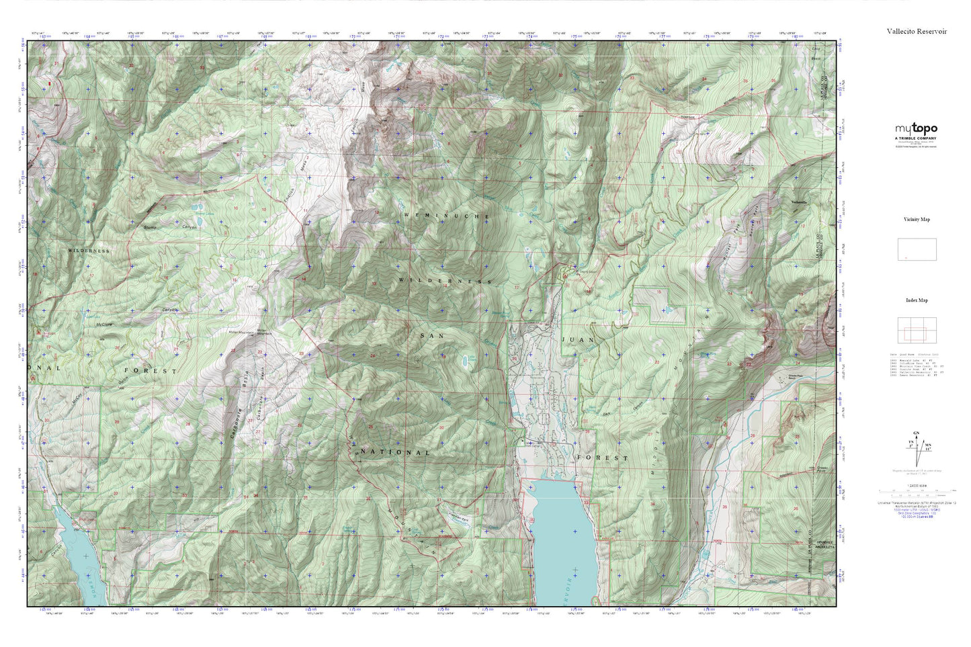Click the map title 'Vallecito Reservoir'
[916, 31]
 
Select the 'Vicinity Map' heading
[916, 220]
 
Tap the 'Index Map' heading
[917, 300]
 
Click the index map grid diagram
[917, 329]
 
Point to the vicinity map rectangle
[917, 249]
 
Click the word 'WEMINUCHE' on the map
[445, 215]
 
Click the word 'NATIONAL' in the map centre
[394, 452]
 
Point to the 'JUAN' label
[578, 340]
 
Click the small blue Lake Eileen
[464, 362]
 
